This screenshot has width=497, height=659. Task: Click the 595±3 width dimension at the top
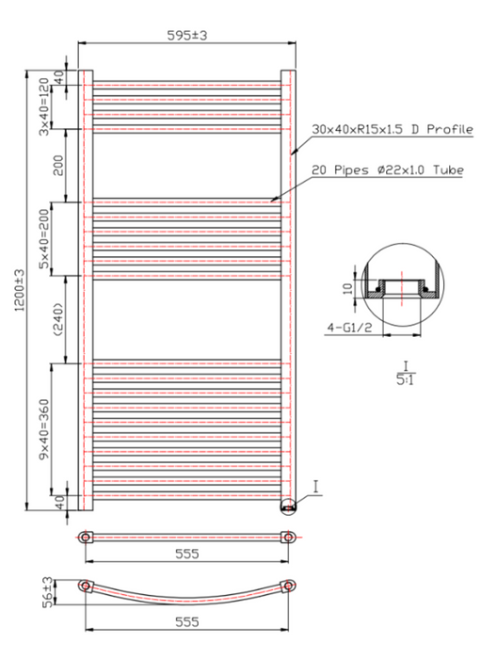[x=187, y=36]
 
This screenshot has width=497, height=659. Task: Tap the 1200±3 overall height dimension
[x=20, y=290]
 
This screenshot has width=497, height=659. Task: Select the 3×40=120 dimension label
[x=44, y=106]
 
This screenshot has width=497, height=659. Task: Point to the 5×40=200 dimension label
[x=44, y=239]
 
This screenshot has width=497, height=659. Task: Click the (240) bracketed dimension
[x=57, y=319]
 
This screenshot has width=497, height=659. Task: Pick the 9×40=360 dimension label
[x=44, y=429]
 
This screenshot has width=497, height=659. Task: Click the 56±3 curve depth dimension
[x=49, y=592]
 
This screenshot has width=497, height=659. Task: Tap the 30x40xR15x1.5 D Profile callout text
[x=392, y=129]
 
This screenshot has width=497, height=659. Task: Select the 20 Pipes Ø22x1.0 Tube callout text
[x=388, y=170]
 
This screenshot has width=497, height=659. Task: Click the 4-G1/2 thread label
[x=349, y=328]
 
